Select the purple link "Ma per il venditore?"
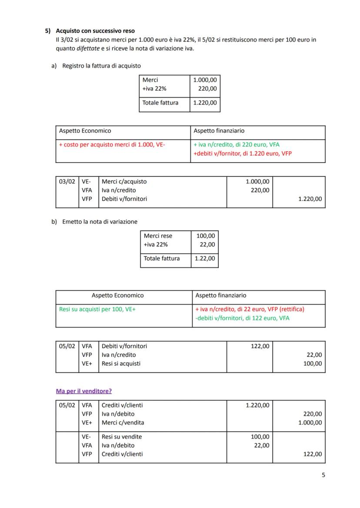(x=83, y=391)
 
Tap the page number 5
(x=323, y=475)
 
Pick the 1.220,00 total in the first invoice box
(x=205, y=103)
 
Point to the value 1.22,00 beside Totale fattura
(x=205, y=259)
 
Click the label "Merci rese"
(x=158, y=236)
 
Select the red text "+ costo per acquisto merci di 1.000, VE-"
(x=112, y=145)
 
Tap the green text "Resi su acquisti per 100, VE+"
(x=97, y=309)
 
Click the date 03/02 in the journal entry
(x=67, y=182)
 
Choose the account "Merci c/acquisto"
(x=124, y=182)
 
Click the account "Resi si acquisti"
(x=121, y=364)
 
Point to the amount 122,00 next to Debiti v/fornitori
(x=260, y=346)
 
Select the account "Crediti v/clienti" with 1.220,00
(x=122, y=405)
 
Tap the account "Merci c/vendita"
(x=123, y=423)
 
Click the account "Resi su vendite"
(x=122, y=437)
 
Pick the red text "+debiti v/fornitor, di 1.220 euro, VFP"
(x=243, y=154)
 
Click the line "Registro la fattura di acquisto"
(x=101, y=66)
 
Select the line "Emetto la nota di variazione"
(x=100, y=222)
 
